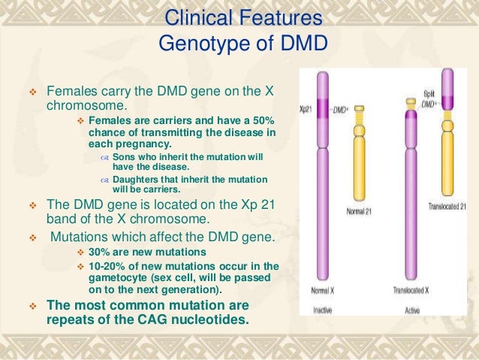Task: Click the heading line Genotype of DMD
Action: [x=243, y=44]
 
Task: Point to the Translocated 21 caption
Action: [x=447, y=206]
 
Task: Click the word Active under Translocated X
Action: [x=412, y=307]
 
